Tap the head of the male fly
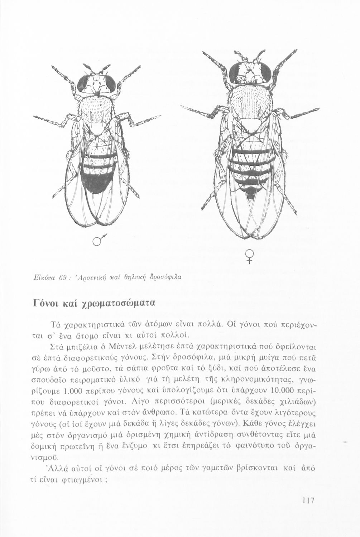[97, 83]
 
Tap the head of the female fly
[250, 73]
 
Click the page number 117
[307, 500]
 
